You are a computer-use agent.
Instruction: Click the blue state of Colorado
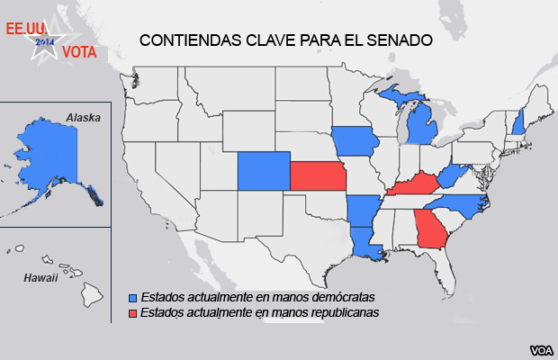pos(264,171)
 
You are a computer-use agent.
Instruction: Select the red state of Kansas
pos(318,175)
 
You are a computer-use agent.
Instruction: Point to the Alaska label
pos(83,118)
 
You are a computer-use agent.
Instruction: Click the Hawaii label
pos(41,277)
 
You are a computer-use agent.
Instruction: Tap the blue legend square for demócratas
pos(133,296)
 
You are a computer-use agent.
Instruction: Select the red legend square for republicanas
pos(133,312)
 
